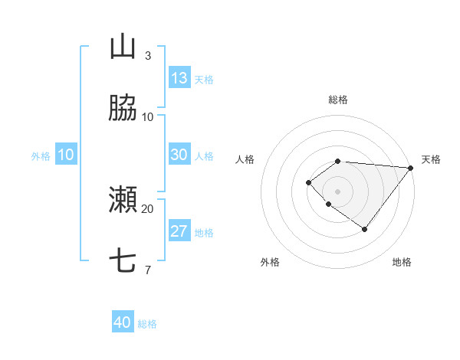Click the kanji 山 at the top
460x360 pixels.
(x=123, y=47)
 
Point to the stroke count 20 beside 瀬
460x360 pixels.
(x=147, y=208)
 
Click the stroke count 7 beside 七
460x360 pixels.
(x=147, y=270)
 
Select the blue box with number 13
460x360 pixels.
(x=179, y=78)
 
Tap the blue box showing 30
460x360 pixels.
(x=179, y=155)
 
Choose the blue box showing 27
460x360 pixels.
(x=179, y=231)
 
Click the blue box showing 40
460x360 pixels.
(x=123, y=322)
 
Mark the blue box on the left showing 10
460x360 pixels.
(x=66, y=155)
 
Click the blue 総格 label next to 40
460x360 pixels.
(x=147, y=324)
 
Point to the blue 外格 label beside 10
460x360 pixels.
(x=41, y=156)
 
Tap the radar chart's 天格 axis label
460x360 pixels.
(x=431, y=159)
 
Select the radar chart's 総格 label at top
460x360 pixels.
(x=338, y=100)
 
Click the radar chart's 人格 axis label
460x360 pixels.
(x=245, y=159)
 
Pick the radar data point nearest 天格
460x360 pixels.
(x=411, y=168)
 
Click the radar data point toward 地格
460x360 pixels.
(x=365, y=229)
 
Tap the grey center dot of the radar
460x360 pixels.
(x=338, y=191)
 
